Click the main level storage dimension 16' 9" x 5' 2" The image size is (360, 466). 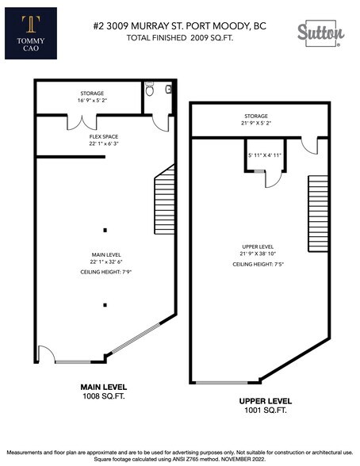92,101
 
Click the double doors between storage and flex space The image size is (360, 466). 83,122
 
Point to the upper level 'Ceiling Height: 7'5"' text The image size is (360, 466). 259,263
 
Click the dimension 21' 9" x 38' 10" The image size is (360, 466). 259,254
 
